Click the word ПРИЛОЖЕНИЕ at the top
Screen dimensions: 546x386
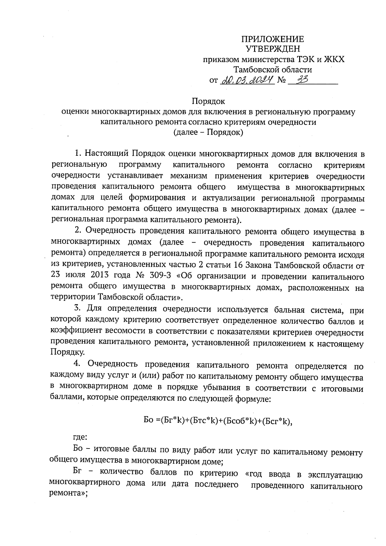pos(273,39)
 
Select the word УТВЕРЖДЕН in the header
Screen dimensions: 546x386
pos(273,49)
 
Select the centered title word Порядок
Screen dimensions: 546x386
pos(208,101)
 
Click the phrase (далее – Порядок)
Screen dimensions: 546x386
pos(208,132)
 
